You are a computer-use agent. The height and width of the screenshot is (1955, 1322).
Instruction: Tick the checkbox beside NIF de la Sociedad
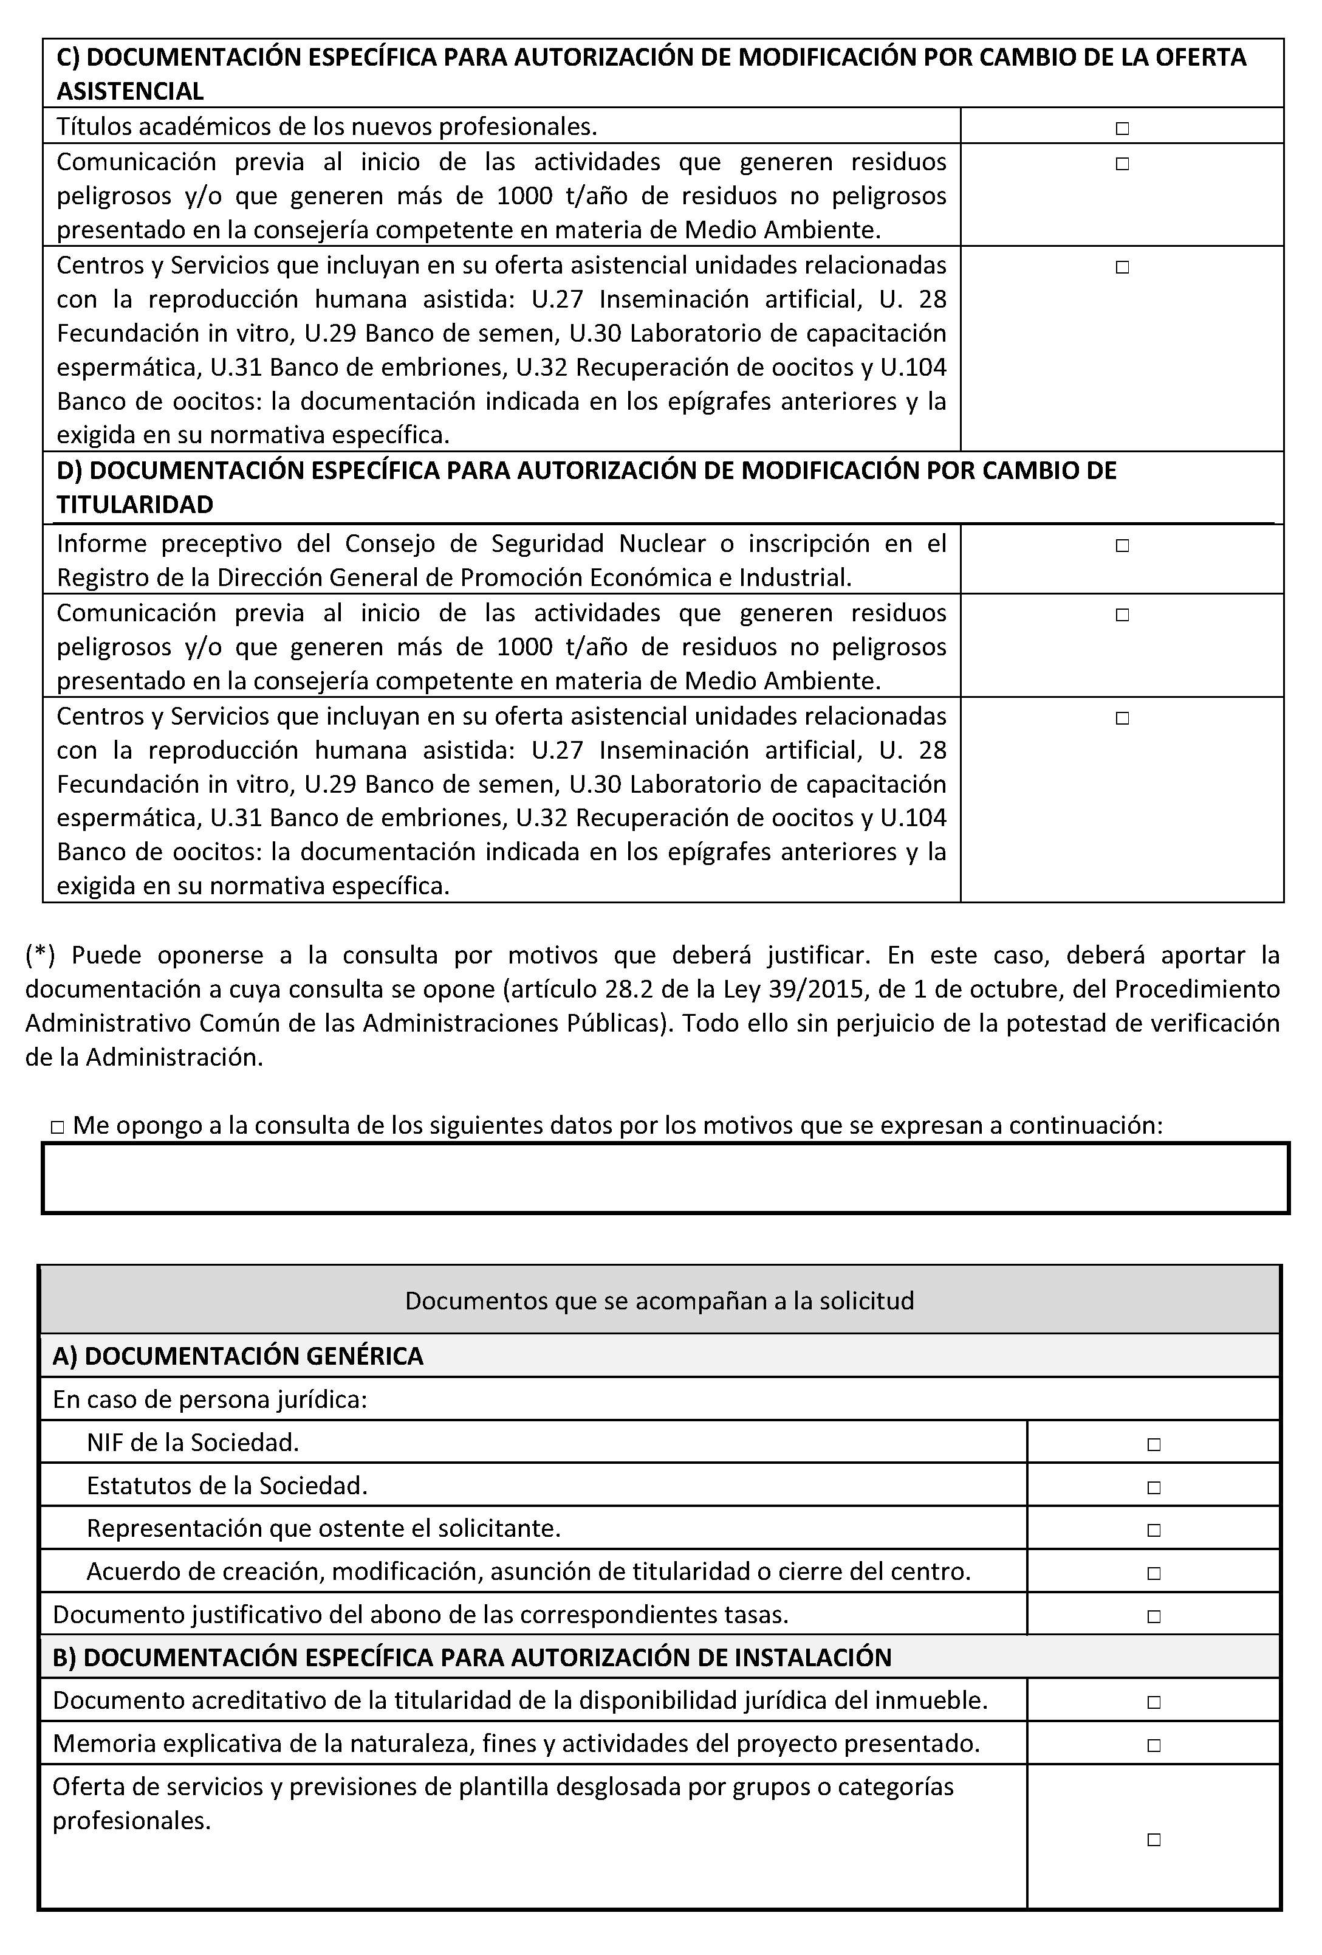(1153, 1444)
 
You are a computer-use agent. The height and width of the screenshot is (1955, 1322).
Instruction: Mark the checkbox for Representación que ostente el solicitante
(1153, 1530)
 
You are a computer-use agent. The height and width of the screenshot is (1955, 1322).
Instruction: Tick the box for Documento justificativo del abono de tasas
(1153, 1616)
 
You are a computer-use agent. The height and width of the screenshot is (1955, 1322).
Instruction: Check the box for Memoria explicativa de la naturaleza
(1153, 1745)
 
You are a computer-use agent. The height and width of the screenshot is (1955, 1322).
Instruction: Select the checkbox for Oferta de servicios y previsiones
(1153, 1839)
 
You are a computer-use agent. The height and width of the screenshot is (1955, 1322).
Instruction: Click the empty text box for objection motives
(665, 1177)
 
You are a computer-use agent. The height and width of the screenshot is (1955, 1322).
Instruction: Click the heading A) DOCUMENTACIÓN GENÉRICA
(238, 1356)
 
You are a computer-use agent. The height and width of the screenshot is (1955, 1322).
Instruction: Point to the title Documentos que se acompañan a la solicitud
(659, 1300)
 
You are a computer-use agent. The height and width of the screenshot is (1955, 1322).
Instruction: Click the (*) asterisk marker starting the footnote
(40, 955)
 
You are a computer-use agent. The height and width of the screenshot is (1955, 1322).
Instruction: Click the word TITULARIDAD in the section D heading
(134, 505)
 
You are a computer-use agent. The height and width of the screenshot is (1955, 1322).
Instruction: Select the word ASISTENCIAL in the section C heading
(131, 91)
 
